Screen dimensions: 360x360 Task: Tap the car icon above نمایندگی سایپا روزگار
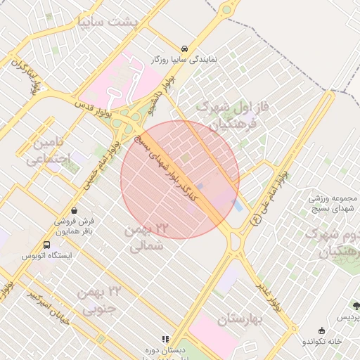[184, 49]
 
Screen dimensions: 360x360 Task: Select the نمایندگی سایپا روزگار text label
[184, 60]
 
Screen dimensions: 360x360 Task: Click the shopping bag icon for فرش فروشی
[75, 210]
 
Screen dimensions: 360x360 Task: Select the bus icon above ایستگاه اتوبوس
[46, 245]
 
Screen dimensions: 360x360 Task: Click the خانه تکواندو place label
[323, 341]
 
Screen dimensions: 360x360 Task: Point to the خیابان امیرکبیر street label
[51, 306]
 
